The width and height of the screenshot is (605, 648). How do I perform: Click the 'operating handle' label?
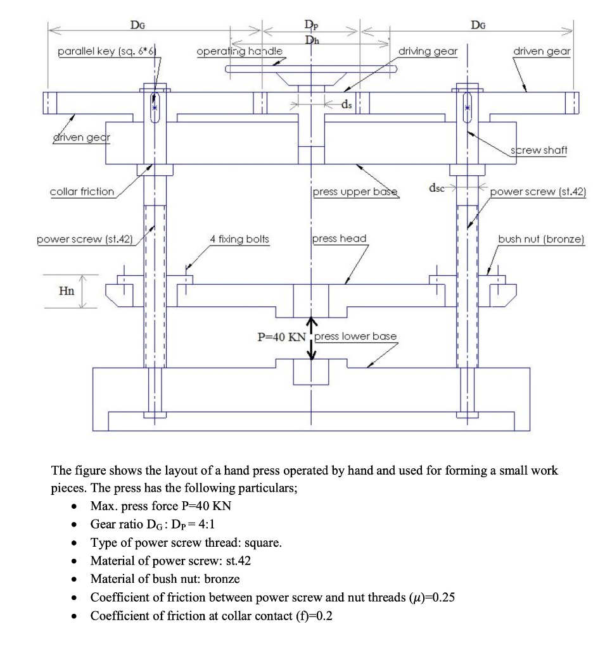(239, 51)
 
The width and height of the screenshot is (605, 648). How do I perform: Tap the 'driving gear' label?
(428, 51)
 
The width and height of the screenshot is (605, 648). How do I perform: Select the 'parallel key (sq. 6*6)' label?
(107, 51)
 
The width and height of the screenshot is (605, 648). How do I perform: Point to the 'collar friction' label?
(82, 192)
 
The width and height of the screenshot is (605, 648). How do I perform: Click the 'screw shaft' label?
(538, 150)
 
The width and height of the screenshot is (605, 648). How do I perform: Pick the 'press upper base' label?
(355, 192)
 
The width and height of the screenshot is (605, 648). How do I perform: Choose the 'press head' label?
(340, 239)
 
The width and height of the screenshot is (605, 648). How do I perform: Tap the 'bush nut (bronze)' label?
(541, 239)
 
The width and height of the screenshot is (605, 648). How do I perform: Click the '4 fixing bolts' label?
(239, 239)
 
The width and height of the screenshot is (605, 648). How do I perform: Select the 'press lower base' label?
(355, 337)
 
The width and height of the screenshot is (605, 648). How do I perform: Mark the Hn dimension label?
(67, 291)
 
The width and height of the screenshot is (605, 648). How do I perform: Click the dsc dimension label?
(436, 188)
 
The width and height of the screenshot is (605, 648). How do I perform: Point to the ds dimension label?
(347, 104)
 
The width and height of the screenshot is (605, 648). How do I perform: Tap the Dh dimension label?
(312, 40)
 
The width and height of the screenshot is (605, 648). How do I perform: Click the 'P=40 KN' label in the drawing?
(281, 337)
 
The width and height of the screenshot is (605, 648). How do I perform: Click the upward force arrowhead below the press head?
(312, 321)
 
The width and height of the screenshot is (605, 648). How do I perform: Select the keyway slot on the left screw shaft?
(155, 108)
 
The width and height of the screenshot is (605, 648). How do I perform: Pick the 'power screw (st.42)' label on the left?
(85, 239)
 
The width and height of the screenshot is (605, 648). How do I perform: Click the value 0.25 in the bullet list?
(443, 597)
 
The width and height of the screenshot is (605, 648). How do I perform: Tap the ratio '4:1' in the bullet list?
(207, 525)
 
